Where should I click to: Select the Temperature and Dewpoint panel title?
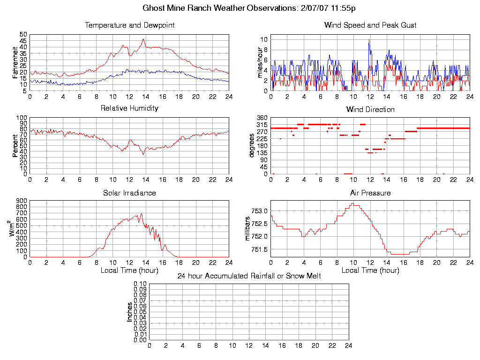coord(129,25)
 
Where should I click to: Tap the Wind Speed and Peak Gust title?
coord(370,25)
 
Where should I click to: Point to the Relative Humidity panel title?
coord(129,108)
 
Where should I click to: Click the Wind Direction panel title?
coord(370,109)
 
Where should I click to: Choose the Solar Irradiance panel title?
coord(129,193)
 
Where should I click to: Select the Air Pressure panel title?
coord(370,193)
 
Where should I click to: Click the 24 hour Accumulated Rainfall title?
coord(249,276)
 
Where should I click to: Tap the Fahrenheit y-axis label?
coord(15,62)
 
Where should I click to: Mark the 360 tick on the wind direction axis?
coord(262,118)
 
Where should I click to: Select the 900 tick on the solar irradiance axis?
coord(21,201)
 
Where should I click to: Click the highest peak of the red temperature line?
coord(143,39)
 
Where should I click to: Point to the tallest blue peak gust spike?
coord(369,41)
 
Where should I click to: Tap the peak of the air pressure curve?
coord(353,203)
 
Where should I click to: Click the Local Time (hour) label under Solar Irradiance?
coord(129,270)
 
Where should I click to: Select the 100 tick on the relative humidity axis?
coord(22,118)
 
